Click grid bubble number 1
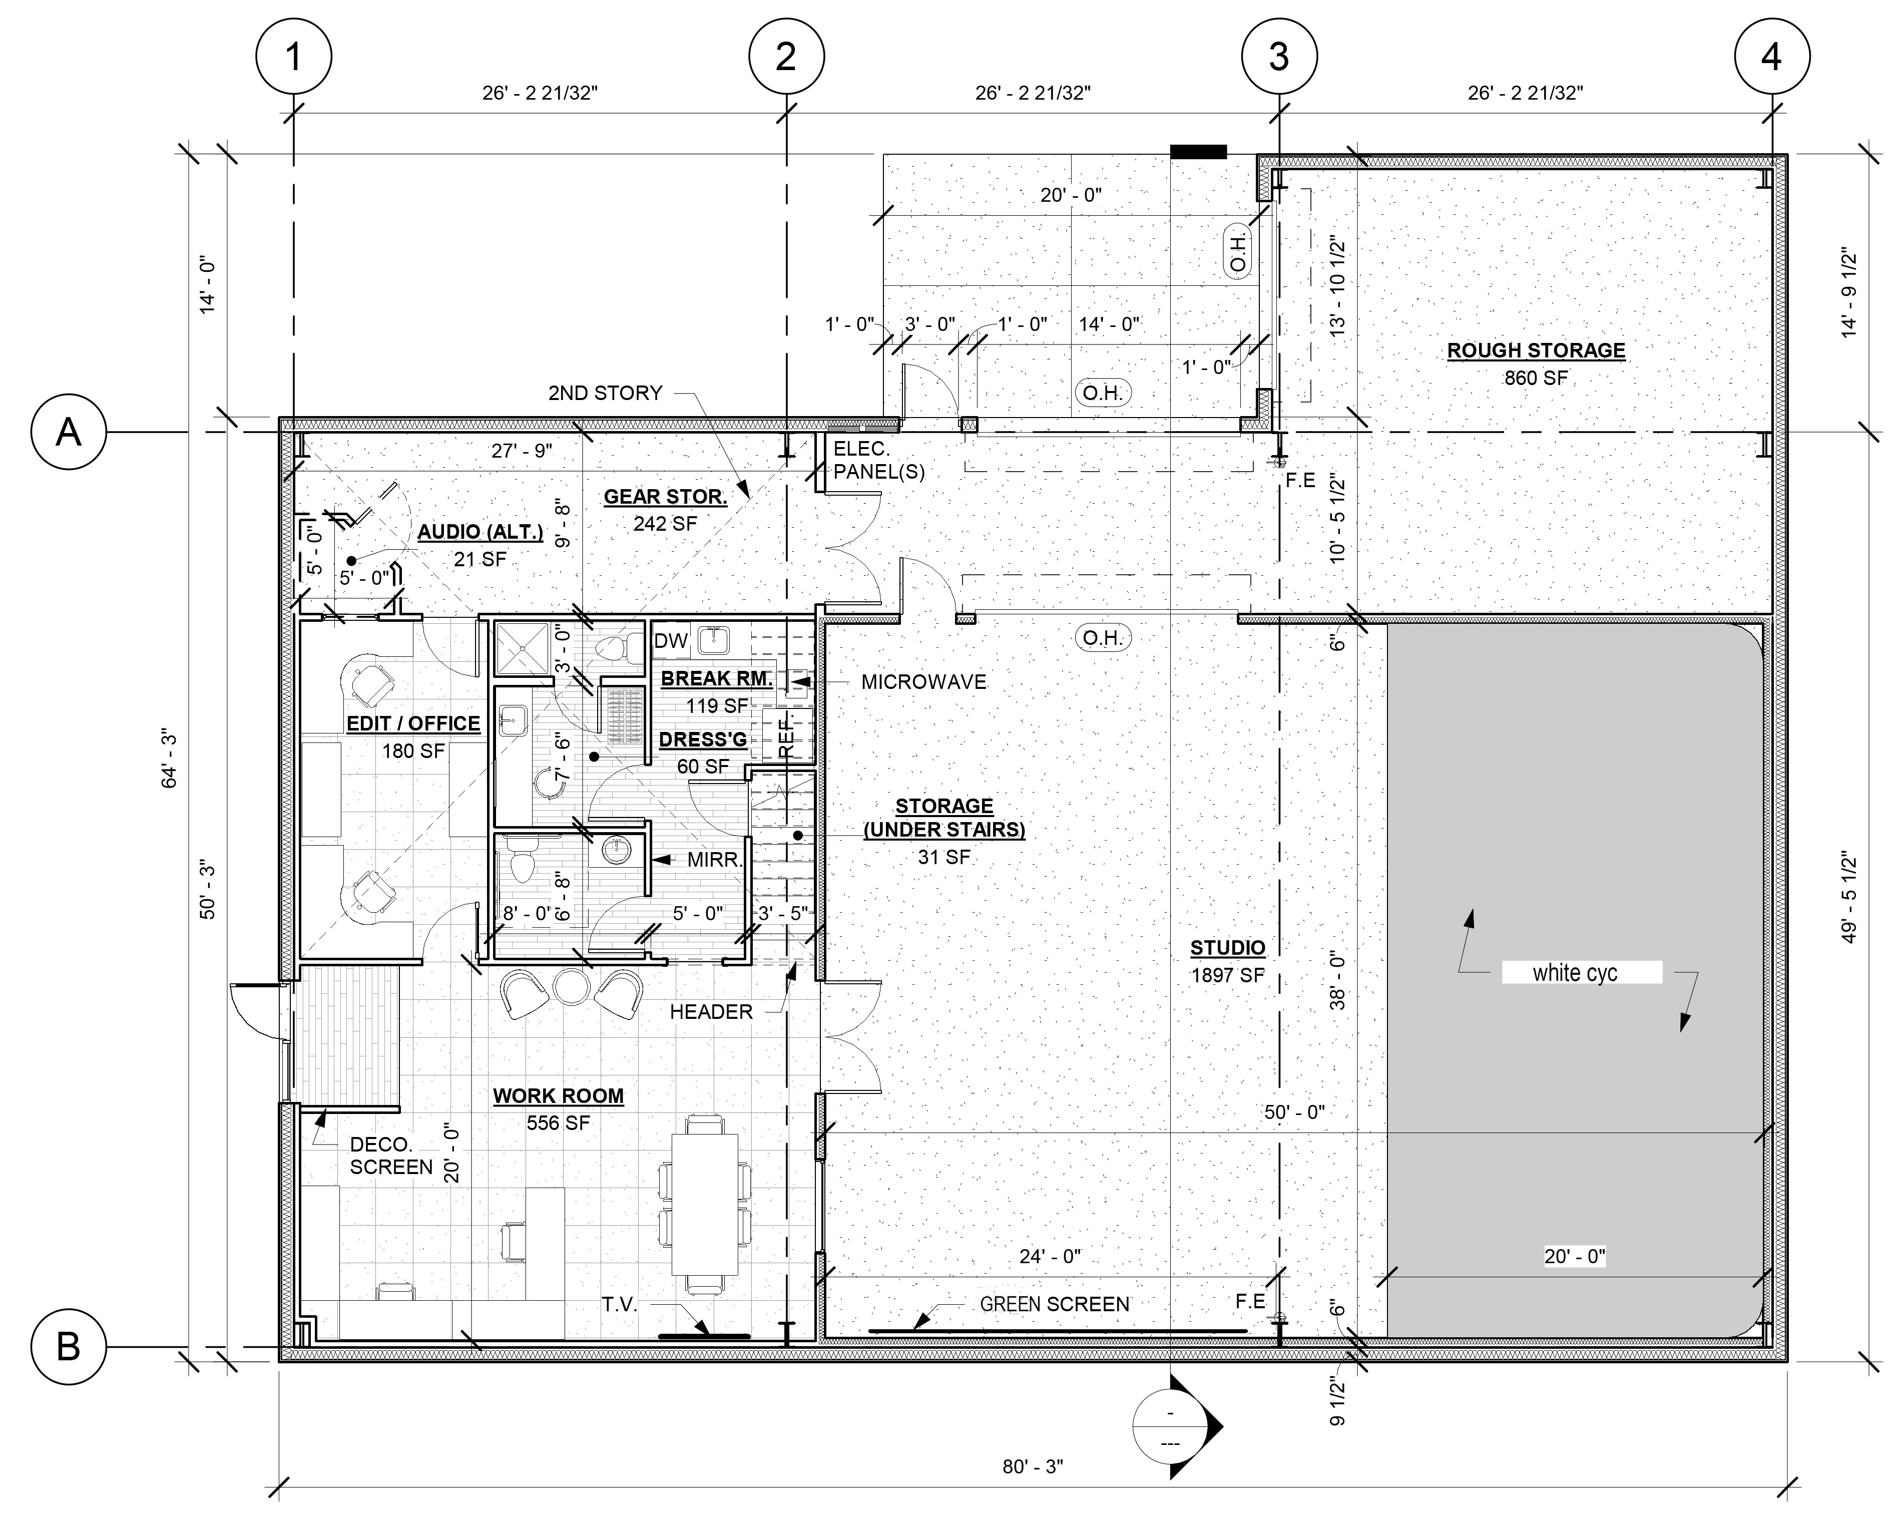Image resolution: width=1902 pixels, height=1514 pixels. tap(294, 58)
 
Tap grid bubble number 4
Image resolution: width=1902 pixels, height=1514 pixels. tap(1771, 58)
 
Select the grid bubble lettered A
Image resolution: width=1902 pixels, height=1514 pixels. tap(69, 432)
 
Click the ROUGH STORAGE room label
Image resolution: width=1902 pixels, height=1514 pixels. tap(1536, 350)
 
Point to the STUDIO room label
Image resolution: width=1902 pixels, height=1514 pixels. tap(1228, 948)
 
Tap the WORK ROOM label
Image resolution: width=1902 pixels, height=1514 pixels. tap(559, 1096)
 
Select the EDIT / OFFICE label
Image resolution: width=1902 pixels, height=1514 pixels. tap(414, 723)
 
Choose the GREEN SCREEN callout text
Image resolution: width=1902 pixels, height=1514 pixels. tap(1055, 1304)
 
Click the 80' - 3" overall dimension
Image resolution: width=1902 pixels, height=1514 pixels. tap(1033, 1466)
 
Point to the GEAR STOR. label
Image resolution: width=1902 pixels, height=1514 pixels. tap(665, 497)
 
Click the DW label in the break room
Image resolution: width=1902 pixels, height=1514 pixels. tap(671, 641)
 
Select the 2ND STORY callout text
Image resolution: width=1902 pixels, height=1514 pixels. tap(605, 393)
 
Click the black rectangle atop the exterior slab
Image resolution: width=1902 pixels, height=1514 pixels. tap(1198, 152)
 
